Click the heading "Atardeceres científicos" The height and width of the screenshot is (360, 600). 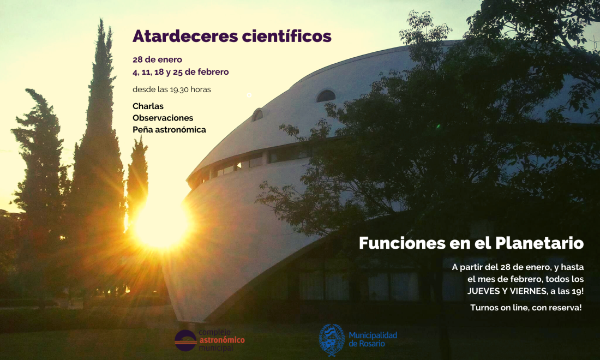[x=232, y=36]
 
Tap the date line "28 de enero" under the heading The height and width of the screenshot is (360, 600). [x=157, y=59]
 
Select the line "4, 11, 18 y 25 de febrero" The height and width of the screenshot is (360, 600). [x=181, y=72]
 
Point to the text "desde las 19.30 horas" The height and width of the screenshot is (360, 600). [x=171, y=89]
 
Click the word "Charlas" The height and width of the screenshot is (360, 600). [x=148, y=106]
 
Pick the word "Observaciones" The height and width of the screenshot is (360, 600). [x=163, y=118]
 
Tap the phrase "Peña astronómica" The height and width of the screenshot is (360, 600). [x=169, y=130]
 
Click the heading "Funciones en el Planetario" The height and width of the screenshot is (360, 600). [x=471, y=243]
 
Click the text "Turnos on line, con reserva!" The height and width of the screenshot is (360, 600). [x=526, y=308]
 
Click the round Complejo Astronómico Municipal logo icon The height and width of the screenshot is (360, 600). [x=185, y=340]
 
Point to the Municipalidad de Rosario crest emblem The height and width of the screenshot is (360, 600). [x=332, y=339]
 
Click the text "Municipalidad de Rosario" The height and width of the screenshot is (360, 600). [x=373, y=339]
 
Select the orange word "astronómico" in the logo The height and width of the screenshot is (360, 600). [x=221, y=340]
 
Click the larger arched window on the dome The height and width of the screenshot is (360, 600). [x=326, y=96]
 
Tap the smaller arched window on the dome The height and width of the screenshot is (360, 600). [x=257, y=115]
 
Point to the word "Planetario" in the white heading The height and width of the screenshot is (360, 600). [x=545, y=243]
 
